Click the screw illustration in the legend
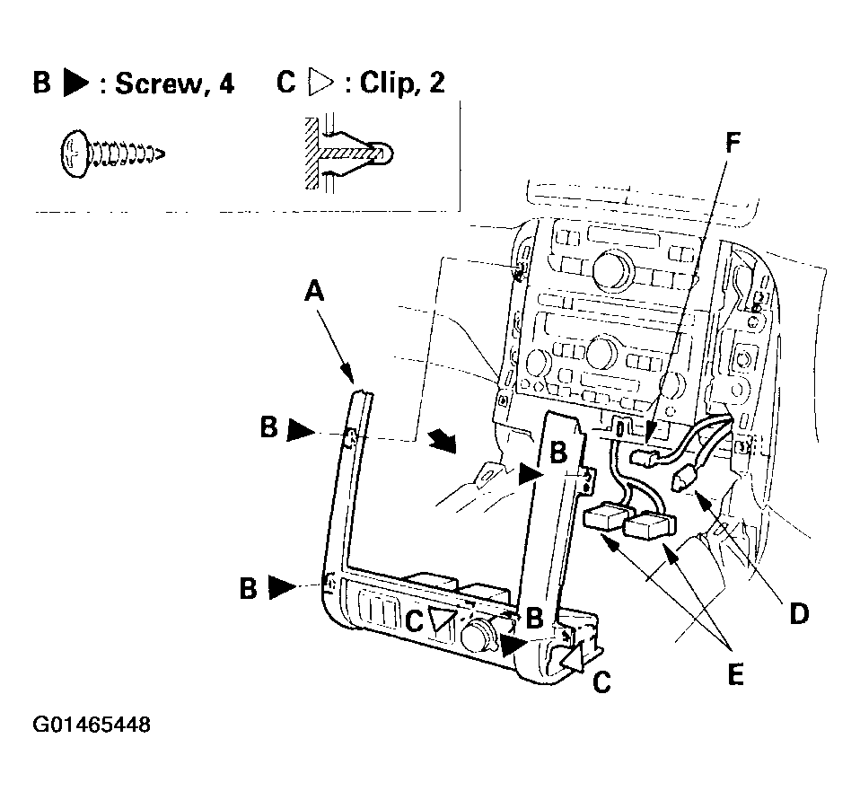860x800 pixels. tap(112, 154)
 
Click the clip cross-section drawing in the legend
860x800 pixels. tap(347, 153)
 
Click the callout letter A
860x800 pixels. tap(314, 291)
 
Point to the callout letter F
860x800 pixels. tap(733, 144)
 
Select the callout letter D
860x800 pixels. tap(799, 613)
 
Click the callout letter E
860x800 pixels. tap(735, 673)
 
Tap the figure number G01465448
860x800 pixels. tap(92, 725)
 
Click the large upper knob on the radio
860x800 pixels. tap(611, 268)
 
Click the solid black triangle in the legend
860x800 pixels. tap(75, 83)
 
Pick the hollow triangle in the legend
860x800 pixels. tap(321, 83)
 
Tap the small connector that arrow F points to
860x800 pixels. tap(645, 456)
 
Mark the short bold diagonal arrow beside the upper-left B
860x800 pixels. tap(443, 442)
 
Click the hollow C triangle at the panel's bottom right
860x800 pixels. tap(572, 658)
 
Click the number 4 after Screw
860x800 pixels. tap(226, 84)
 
